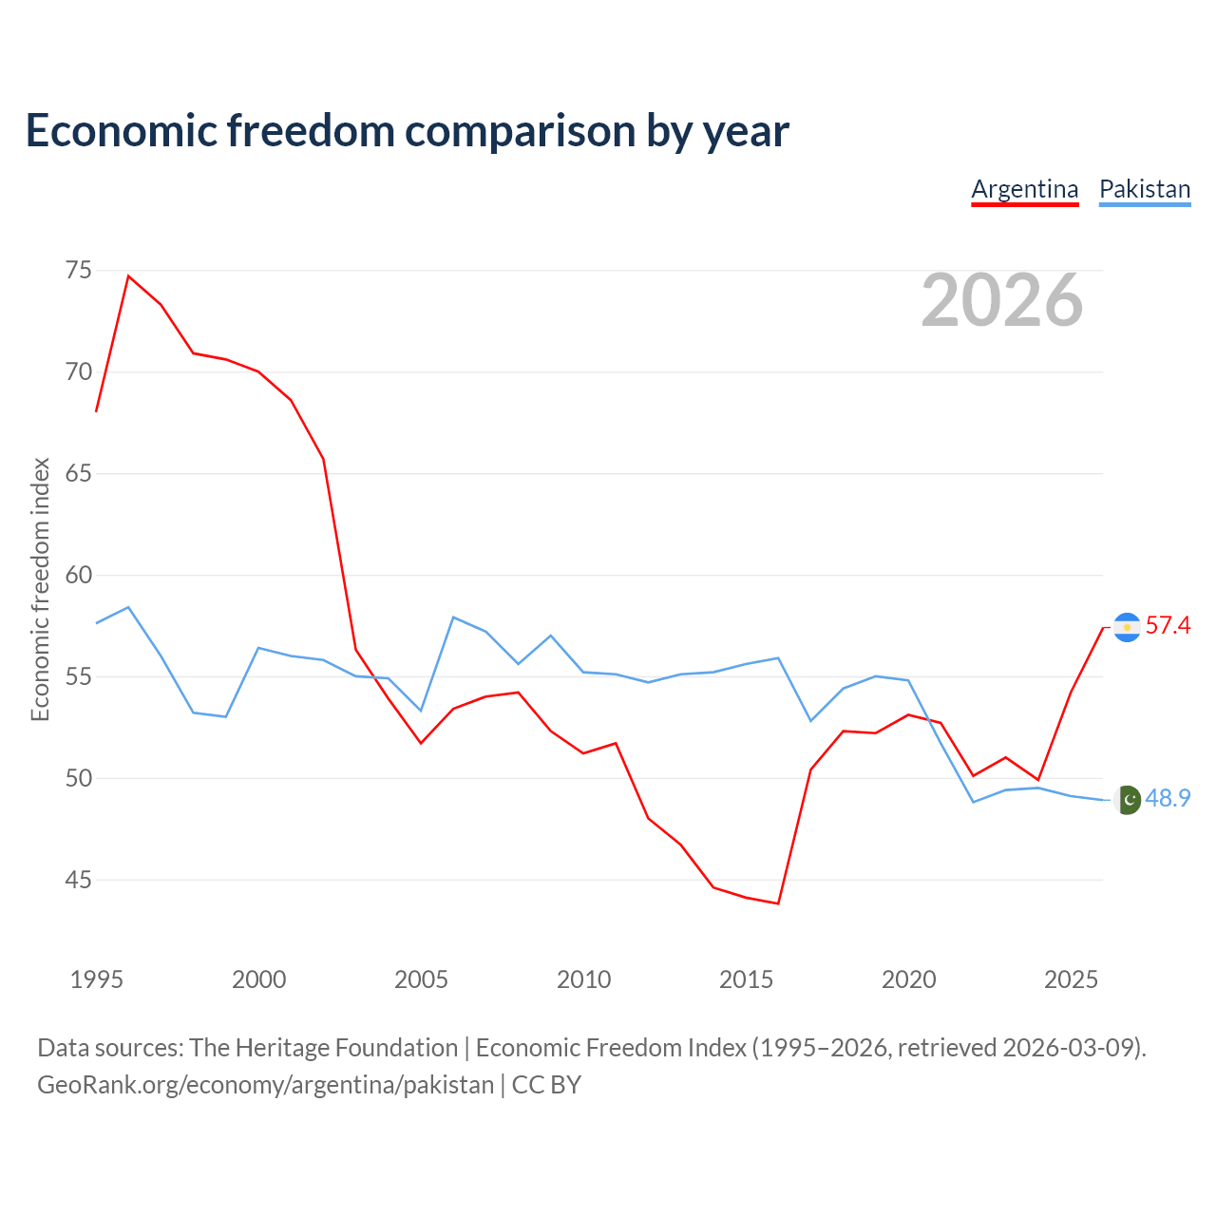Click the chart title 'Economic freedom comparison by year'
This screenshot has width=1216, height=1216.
(407, 131)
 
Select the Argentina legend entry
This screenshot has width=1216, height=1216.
(1025, 190)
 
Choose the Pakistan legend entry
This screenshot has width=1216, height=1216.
(1145, 190)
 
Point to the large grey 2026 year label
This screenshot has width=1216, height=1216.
(1002, 300)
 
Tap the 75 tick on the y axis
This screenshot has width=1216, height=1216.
(78, 270)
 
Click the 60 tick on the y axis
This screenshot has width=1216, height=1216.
(78, 575)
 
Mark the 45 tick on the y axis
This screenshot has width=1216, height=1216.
(78, 880)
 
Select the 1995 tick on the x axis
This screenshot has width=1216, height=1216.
(97, 980)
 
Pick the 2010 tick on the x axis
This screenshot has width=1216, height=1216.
(583, 980)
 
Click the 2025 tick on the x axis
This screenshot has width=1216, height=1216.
(1071, 980)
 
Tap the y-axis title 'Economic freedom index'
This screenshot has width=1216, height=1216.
(41, 589)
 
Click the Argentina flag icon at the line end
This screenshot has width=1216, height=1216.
(1127, 627)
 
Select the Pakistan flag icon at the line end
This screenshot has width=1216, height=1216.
(1127, 800)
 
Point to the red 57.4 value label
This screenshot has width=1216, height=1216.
(1168, 625)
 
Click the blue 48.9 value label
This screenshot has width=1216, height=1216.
(1168, 798)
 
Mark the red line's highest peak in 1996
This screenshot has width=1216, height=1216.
(129, 275)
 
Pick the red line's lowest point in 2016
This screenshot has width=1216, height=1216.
(778, 903)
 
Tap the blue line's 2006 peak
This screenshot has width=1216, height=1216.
(454, 617)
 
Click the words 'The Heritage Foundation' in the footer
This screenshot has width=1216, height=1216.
(324, 1048)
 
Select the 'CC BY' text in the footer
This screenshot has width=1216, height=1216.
(546, 1086)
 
